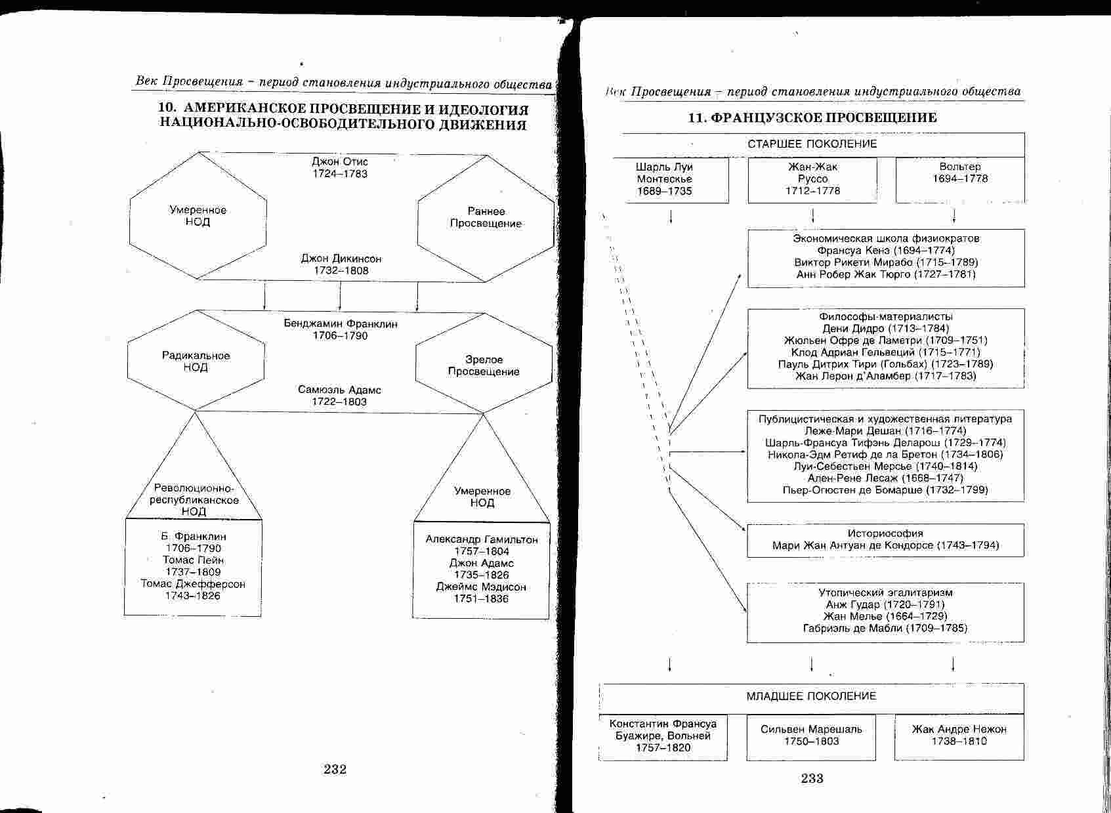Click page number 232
[335, 769]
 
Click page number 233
[812, 778]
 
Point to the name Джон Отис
[340, 161]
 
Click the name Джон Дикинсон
[341, 259]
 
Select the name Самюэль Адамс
[339, 390]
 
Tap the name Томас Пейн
[194, 560]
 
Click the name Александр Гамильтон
[482, 539]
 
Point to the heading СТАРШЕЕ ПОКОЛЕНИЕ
[812, 144]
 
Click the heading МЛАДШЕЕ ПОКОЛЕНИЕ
[811, 696]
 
